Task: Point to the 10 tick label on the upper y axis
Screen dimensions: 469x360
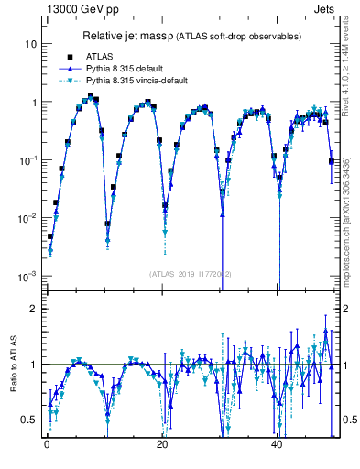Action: [x=30, y=44]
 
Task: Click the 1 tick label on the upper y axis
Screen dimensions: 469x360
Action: [x=33, y=102]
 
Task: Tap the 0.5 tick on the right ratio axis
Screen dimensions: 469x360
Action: [x=347, y=420]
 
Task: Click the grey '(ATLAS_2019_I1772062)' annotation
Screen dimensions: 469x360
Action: [x=191, y=273]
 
